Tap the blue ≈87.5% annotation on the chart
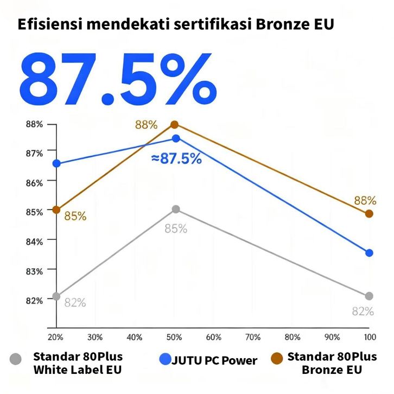176,158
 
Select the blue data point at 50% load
176,138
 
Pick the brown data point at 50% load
175,125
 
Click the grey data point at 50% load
176,209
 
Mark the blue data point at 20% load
56,163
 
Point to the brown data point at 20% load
56,209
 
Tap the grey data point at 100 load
369,296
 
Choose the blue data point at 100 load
369,253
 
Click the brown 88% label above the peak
146,125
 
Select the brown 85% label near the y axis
75,216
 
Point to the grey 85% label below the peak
176,228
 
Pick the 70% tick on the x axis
253,337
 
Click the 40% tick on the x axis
135,337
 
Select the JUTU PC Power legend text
215,360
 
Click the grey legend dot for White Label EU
16,359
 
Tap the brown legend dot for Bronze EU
277,358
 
